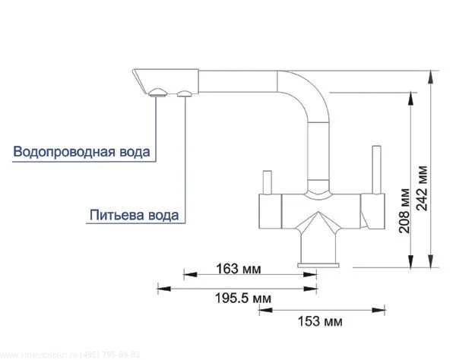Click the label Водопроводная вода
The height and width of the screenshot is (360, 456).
[81, 152]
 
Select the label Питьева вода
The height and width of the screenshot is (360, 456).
[134, 215]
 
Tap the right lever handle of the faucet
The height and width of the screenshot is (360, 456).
[375, 170]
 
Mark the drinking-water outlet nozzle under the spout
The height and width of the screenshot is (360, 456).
[185, 93]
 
